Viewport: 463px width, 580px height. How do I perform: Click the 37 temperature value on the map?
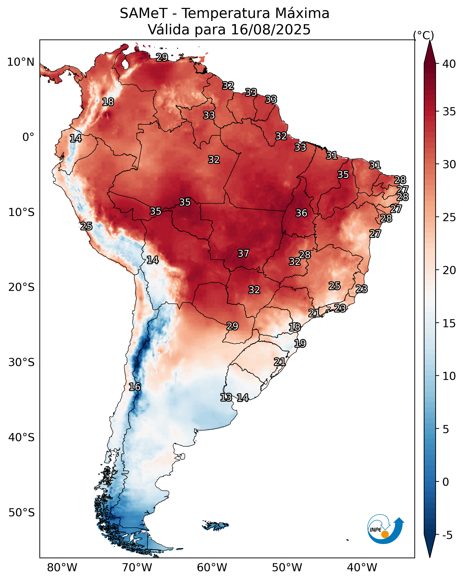(x=243, y=253)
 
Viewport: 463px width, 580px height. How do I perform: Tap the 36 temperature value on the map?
(x=301, y=213)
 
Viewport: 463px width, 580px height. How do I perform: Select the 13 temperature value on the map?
(x=226, y=397)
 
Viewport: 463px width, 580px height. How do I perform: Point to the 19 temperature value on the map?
(x=300, y=344)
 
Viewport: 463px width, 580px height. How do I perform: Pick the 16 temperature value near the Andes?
(x=135, y=387)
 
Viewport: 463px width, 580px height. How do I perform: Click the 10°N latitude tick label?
(x=21, y=62)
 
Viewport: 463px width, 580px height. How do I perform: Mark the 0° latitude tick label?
(x=28, y=137)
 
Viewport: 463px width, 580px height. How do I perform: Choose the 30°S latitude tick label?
(x=22, y=362)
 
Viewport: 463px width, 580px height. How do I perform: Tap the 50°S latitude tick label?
(x=22, y=513)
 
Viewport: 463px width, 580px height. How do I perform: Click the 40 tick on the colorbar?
(x=449, y=64)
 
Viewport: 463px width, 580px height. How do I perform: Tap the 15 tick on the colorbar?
(x=449, y=323)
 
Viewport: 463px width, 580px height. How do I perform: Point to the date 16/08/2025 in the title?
(x=271, y=30)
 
